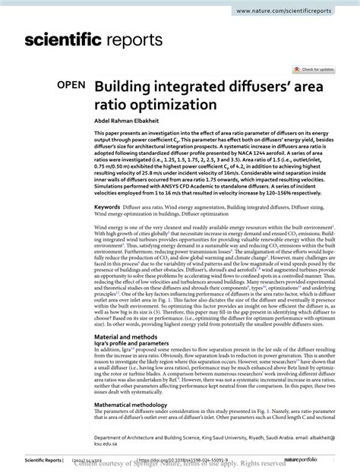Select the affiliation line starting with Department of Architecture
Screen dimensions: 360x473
pyautogui.click(x=213, y=437)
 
